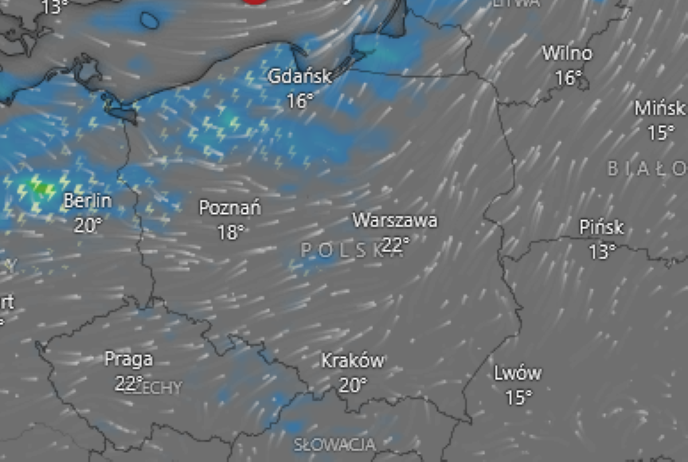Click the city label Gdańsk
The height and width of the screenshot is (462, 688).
point(300,76)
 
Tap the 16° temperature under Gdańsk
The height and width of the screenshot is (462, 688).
point(300,101)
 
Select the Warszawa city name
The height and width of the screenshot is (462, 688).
point(394,220)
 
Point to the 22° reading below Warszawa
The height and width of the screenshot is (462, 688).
point(396,245)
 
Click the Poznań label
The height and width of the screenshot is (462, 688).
point(230,207)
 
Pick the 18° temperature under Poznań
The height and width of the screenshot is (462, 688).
point(230,232)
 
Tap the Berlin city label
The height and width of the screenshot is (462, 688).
point(88,201)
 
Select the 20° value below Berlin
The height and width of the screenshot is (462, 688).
point(88,226)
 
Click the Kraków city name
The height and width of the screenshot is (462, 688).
point(352,361)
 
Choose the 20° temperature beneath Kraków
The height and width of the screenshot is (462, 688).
point(352,385)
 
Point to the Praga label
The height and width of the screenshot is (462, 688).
point(128,359)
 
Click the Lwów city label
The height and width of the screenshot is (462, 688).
point(517,373)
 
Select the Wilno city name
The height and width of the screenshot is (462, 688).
point(567,54)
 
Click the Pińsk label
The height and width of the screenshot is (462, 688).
point(601,228)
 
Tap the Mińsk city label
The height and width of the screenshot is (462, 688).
point(659,108)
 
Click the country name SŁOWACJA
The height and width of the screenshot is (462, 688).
point(335,444)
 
